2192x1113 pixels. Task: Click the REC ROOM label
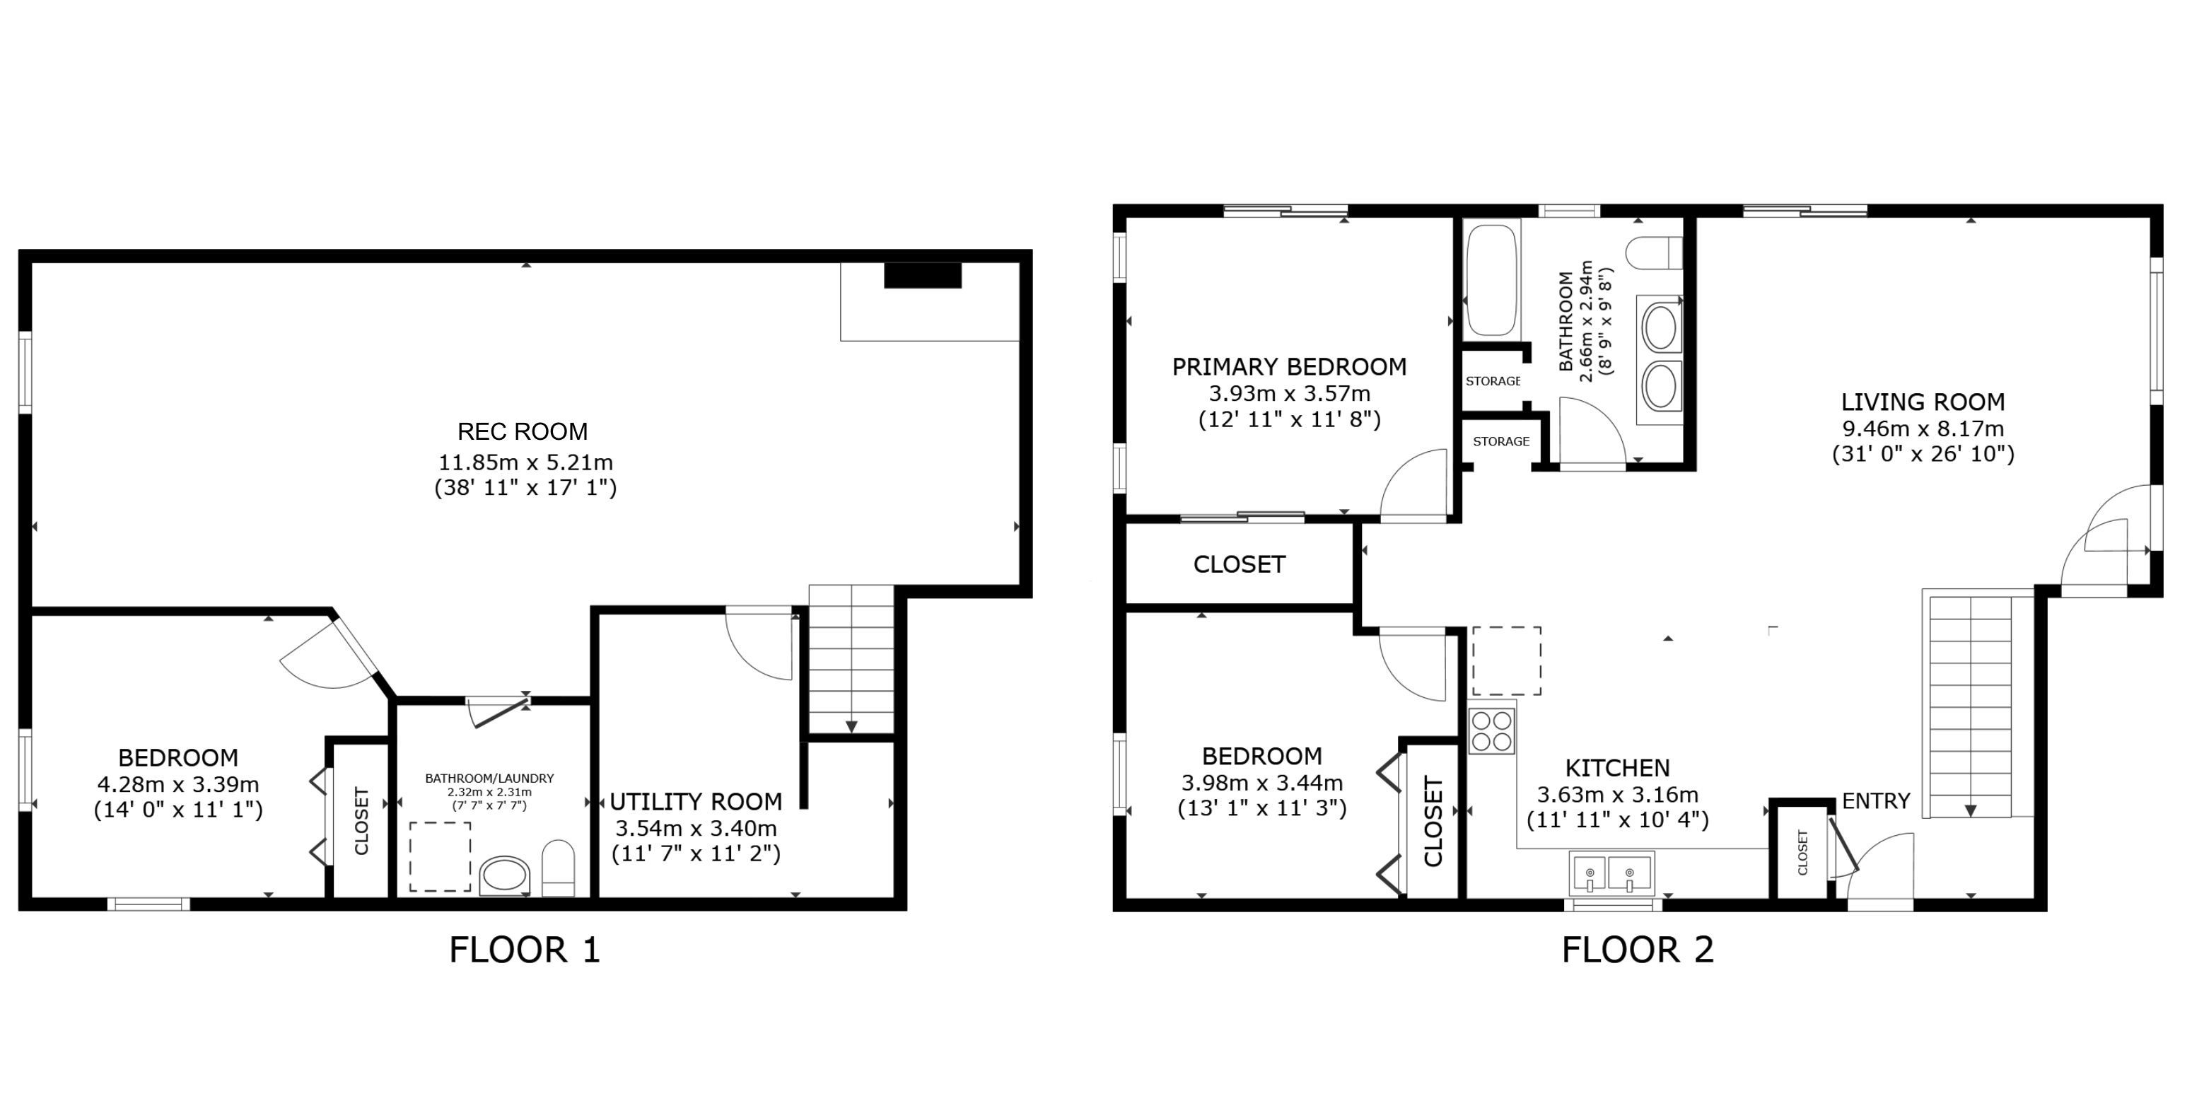pyautogui.click(x=523, y=431)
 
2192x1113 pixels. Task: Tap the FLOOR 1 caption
pyautogui.click(x=524, y=950)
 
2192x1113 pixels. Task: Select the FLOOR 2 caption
pyautogui.click(x=1637, y=950)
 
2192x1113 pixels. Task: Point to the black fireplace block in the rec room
pyautogui.click(x=923, y=275)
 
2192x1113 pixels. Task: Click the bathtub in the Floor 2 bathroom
pyautogui.click(x=1492, y=279)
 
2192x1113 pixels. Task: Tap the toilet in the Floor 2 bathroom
pyautogui.click(x=1654, y=252)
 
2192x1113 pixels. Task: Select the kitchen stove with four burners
pyautogui.click(x=1492, y=731)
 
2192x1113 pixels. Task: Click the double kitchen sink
pyautogui.click(x=1611, y=874)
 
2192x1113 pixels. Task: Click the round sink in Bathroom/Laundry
pyautogui.click(x=505, y=876)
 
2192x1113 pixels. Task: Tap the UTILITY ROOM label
pyautogui.click(x=696, y=802)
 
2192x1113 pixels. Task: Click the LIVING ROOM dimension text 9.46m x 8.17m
pyautogui.click(x=1923, y=428)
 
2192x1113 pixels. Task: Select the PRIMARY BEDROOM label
pyautogui.click(x=1289, y=367)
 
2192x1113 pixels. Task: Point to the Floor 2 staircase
pyautogui.click(x=1970, y=706)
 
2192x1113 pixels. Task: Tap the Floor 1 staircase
pyautogui.click(x=851, y=658)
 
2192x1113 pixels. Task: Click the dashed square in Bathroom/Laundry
pyautogui.click(x=440, y=857)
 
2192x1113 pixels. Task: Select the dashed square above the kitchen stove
pyautogui.click(x=1507, y=661)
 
